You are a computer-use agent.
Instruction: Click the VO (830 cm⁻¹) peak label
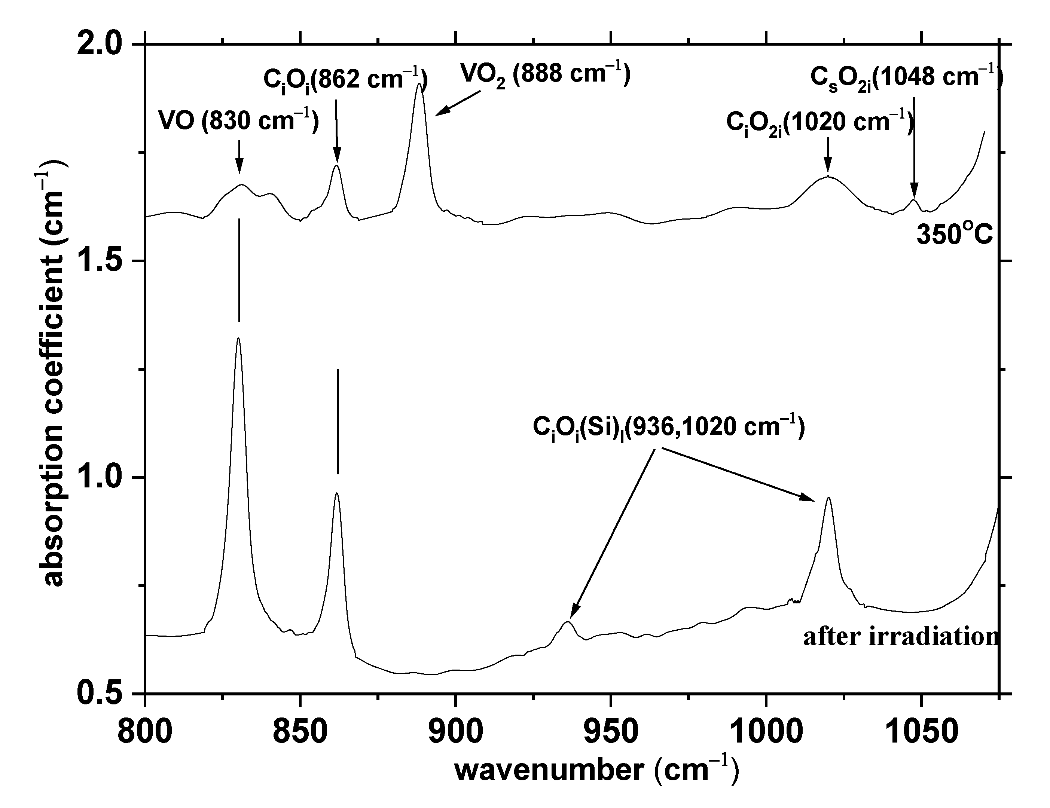click(x=239, y=121)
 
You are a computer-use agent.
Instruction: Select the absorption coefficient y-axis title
click(x=53, y=375)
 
